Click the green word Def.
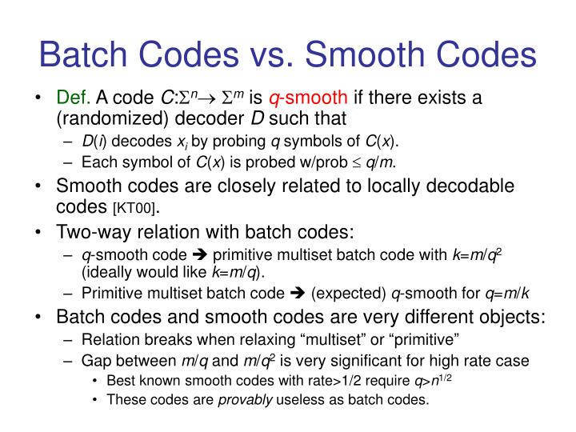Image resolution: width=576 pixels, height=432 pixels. click(73, 99)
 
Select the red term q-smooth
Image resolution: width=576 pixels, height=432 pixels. click(308, 99)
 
